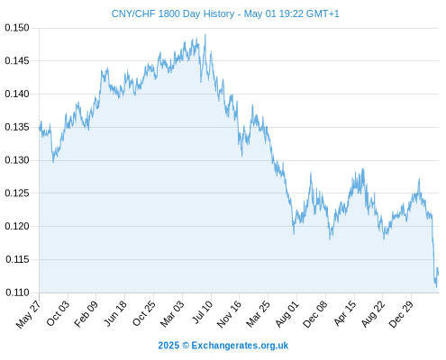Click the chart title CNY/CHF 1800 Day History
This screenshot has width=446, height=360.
click(173, 13)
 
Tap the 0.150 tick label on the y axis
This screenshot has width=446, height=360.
click(17, 28)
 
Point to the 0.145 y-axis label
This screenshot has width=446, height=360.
click(17, 61)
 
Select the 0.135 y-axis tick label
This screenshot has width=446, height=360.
click(17, 127)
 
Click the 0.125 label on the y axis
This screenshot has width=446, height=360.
click(17, 193)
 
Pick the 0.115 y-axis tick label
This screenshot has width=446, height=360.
click(17, 259)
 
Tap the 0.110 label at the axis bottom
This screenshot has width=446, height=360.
click(17, 292)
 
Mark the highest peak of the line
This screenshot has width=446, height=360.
click(205, 34)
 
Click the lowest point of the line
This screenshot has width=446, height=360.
click(437, 287)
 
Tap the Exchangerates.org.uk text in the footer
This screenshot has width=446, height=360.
click(240, 346)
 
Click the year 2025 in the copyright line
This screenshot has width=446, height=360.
click(168, 346)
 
